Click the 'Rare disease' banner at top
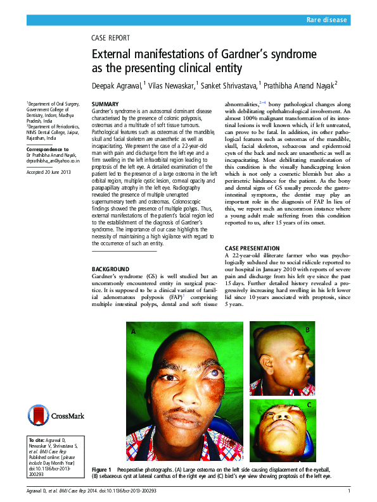(x=326, y=20)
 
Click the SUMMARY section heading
(x=105, y=104)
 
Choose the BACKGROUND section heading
(x=112, y=269)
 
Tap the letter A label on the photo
(x=134, y=331)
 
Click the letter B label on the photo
(x=308, y=330)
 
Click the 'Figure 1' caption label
(x=101, y=470)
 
